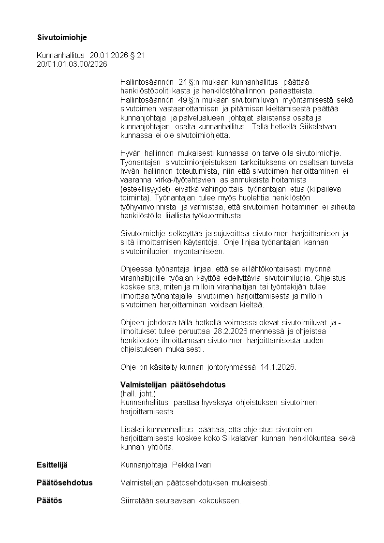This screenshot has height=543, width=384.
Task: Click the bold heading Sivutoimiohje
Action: click(62, 37)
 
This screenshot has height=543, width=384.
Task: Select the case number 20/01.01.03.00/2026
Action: click(72, 64)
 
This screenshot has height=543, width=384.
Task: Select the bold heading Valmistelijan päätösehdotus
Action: click(173, 385)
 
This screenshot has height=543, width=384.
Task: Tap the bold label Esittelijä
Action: click(52, 465)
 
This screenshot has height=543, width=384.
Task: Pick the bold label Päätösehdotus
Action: click(65, 483)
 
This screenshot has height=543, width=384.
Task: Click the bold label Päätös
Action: click(49, 500)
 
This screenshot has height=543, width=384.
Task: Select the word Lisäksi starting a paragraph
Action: click(133, 429)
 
